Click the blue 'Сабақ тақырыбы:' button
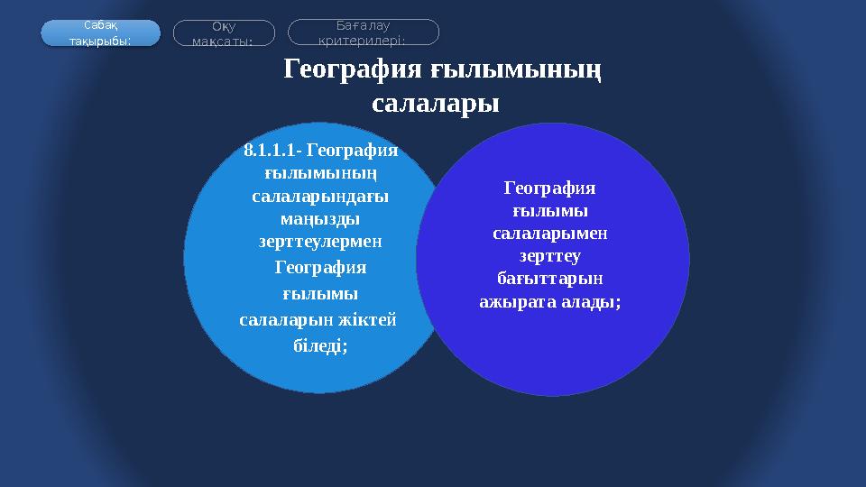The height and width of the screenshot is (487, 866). click(x=100, y=33)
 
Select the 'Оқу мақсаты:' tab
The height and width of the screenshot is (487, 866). click(x=223, y=33)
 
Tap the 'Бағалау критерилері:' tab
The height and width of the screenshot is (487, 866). click(x=363, y=32)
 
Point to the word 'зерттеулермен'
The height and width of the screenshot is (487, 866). click(x=322, y=242)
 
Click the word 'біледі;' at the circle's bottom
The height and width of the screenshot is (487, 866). click(x=321, y=345)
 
